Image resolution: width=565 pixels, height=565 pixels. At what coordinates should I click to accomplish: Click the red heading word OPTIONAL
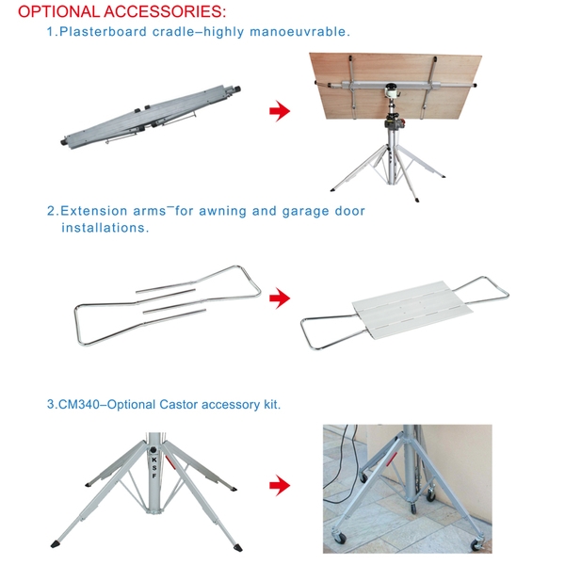[x=58, y=11]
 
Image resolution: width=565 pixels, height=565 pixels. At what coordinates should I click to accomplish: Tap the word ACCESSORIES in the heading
[x=165, y=11]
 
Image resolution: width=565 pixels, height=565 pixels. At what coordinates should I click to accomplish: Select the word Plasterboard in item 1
[x=103, y=32]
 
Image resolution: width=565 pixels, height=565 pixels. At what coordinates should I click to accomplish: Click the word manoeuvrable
[x=299, y=32]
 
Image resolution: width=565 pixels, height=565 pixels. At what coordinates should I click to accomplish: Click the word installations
[x=105, y=228]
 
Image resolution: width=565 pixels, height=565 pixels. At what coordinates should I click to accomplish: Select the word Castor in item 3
[x=179, y=404]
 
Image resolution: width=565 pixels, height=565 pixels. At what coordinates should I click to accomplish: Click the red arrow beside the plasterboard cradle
[x=280, y=110]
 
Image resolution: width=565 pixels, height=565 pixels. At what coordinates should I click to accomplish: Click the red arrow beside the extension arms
[x=280, y=298]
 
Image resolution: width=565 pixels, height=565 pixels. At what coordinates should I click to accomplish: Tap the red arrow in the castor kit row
[x=280, y=485]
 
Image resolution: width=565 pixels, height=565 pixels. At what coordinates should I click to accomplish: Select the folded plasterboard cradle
[x=151, y=116]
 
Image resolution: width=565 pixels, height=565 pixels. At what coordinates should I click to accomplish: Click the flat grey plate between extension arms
[x=412, y=311]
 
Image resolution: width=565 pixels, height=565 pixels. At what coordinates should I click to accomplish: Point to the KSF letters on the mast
[x=154, y=468]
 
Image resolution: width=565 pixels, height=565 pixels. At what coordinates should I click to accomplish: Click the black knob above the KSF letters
[x=153, y=450]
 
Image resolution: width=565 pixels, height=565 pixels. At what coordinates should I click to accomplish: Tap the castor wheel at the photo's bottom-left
[x=339, y=538]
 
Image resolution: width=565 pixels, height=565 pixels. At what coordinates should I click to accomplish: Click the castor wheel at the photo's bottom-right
[x=477, y=545]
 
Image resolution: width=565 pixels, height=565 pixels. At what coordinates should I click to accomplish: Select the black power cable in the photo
[x=341, y=465]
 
